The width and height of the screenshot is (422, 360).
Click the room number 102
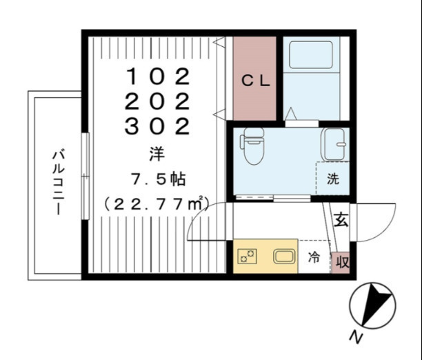(x=158, y=77)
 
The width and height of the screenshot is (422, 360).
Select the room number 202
(x=157, y=101)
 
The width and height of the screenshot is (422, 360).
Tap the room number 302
(x=157, y=126)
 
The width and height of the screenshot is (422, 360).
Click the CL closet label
(x=255, y=81)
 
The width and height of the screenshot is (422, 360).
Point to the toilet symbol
(x=252, y=146)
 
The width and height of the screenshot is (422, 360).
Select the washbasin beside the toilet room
(x=334, y=144)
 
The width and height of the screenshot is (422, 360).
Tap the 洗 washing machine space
(x=333, y=178)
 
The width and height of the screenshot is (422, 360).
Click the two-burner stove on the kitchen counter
(x=247, y=256)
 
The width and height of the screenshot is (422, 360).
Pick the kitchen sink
(x=284, y=256)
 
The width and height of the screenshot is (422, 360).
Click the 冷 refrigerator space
(x=314, y=257)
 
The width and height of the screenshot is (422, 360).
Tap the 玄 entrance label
(x=341, y=219)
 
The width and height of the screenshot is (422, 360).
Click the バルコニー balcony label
(x=59, y=182)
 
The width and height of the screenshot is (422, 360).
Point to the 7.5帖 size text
(x=159, y=179)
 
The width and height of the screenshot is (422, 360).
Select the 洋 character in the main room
(x=157, y=154)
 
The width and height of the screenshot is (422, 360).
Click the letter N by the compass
(x=356, y=337)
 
